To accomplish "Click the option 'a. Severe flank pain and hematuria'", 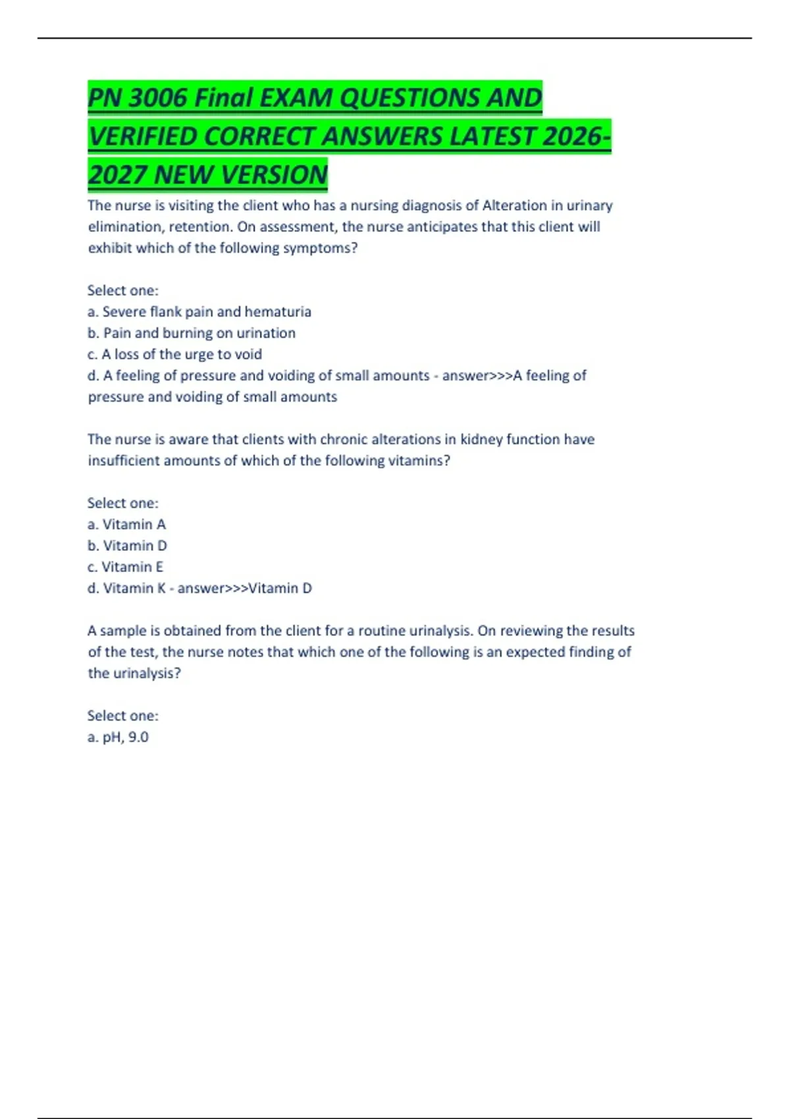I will (x=199, y=311).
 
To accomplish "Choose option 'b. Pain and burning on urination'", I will (x=191, y=333).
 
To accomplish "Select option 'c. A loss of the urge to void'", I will (x=174, y=354).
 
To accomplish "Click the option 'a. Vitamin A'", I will (x=126, y=525).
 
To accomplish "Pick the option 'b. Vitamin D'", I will (x=127, y=546).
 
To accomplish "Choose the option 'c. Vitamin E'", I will (x=125, y=567).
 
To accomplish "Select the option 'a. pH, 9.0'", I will (x=118, y=737).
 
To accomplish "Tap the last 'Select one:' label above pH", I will (x=122, y=716).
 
